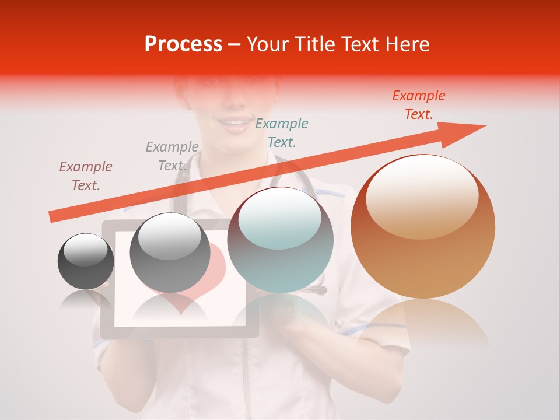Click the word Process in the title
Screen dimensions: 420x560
coord(183,44)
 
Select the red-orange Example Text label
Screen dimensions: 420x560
coord(418,105)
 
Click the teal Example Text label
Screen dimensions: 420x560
coord(282,132)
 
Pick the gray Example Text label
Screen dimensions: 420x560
coord(172,156)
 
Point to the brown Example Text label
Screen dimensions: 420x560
coord(86,176)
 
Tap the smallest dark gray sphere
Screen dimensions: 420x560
coord(86,261)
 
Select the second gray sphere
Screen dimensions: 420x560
coord(170,253)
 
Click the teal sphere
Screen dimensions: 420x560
coord(281,240)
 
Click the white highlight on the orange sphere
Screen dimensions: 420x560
coord(422,197)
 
